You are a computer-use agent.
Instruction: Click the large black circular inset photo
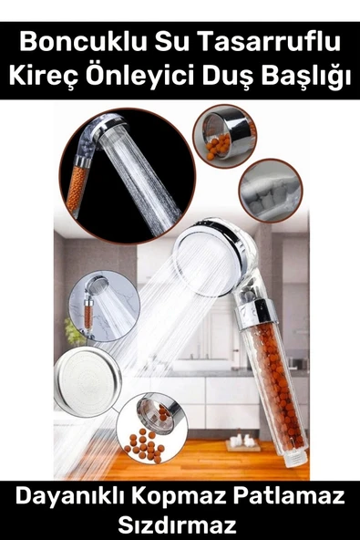pyautogui.click(x=128, y=176)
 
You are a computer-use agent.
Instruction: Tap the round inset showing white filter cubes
pyautogui.click(x=271, y=191)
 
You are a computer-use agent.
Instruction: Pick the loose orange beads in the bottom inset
pyautogui.click(x=145, y=444)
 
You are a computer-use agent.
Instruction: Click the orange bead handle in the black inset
pyautogui.click(x=78, y=187)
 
